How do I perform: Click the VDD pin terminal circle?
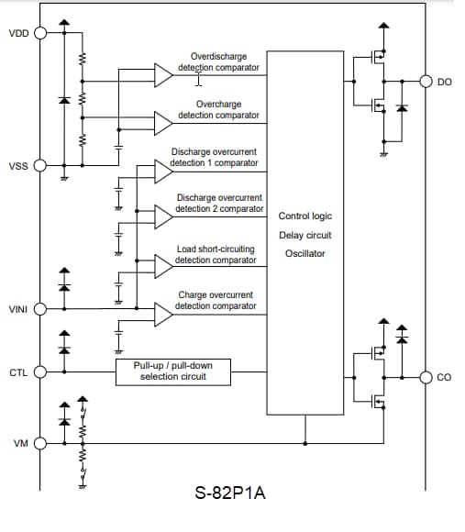40,33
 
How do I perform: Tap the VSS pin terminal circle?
40,166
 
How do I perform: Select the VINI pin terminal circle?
40,309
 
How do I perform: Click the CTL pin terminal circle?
40,371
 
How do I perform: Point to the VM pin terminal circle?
40,443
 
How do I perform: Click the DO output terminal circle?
426,82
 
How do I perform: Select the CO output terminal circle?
426,377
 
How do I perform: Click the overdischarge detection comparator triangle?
163,75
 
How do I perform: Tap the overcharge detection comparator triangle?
163,123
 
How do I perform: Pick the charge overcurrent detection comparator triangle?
163,315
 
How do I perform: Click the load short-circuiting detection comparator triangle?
163,266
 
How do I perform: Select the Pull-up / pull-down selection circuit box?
173,372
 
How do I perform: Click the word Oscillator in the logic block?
305,253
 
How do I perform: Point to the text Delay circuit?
305,235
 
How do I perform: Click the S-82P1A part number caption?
230,493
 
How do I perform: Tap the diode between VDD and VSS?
64,100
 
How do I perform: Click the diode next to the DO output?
402,108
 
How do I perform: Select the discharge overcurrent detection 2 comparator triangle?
163,216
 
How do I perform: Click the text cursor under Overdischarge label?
199,79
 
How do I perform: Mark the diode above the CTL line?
64,350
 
